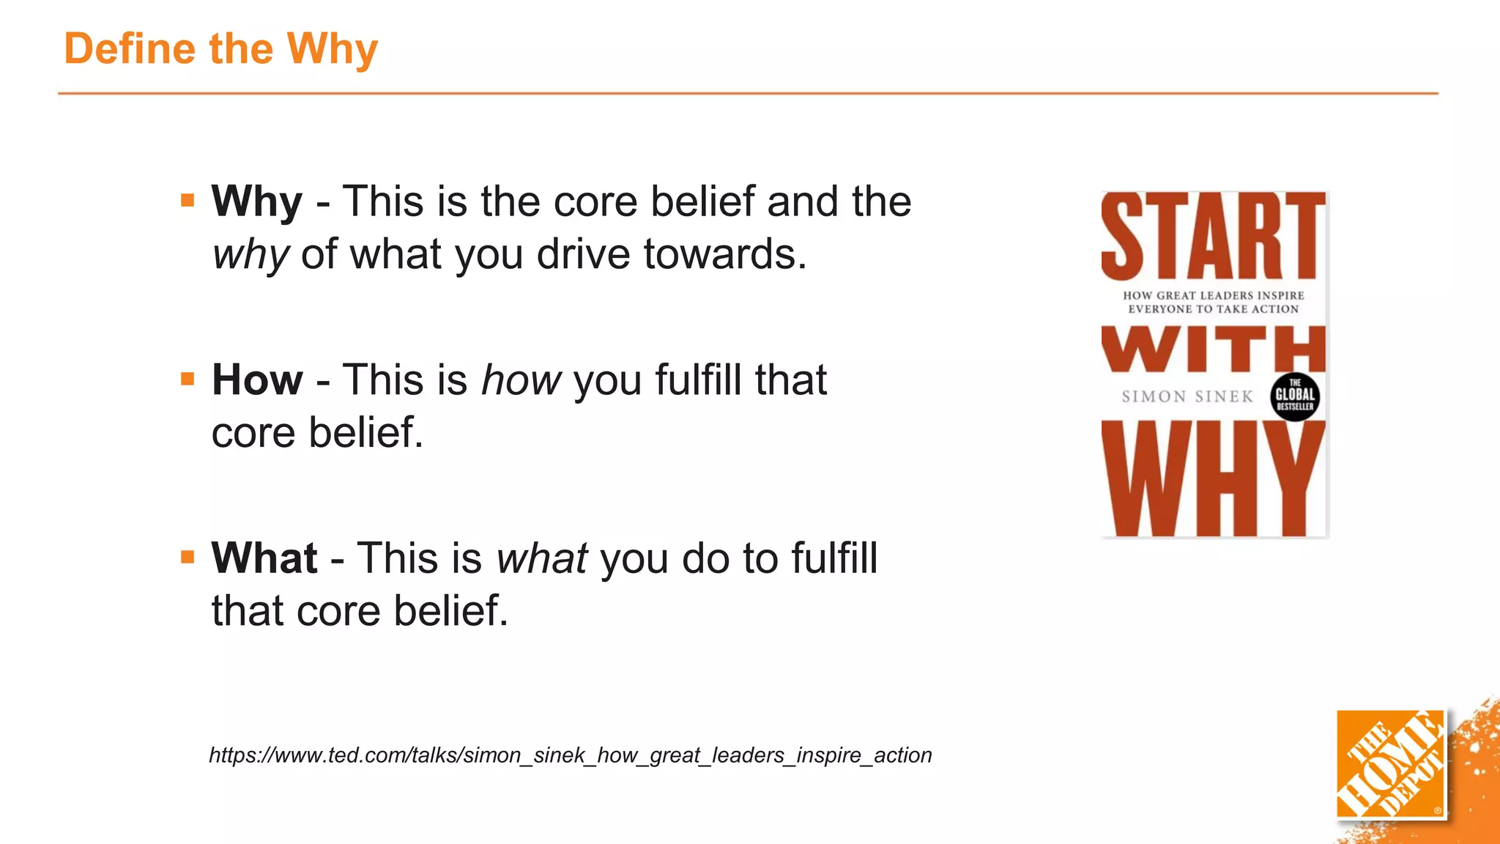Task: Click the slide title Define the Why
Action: (x=220, y=49)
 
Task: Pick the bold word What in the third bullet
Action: (x=264, y=558)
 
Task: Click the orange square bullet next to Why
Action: (x=187, y=200)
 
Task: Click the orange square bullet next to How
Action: (x=187, y=379)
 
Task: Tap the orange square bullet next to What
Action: (x=187, y=557)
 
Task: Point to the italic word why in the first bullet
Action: (x=250, y=255)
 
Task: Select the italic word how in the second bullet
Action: (x=521, y=380)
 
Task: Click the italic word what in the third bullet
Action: (x=542, y=559)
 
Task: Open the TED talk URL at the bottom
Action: (x=570, y=755)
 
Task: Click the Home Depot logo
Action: (x=1390, y=764)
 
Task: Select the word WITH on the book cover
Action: (x=1213, y=349)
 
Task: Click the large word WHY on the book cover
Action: (x=1213, y=480)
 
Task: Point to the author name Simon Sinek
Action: (x=1187, y=396)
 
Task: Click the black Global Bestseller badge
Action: (x=1294, y=396)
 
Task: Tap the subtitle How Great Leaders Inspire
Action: (x=1213, y=295)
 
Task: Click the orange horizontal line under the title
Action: (x=747, y=94)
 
